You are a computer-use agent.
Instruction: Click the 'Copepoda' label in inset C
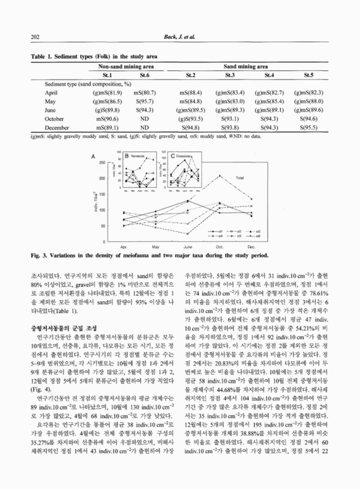point(182,156)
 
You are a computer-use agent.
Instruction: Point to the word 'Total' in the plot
point(240,178)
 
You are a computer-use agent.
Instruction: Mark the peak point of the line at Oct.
point(220,175)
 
